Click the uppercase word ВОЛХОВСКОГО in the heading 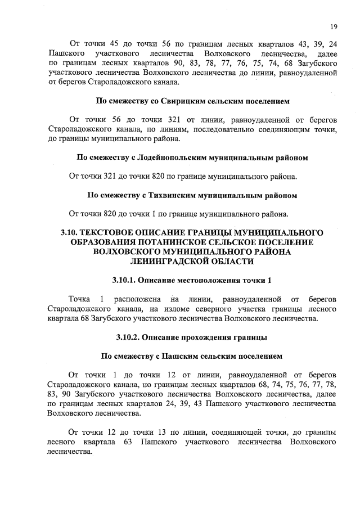pos(127,252)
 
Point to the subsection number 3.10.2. pos(127,337)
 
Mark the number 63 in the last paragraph pos(127,442)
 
